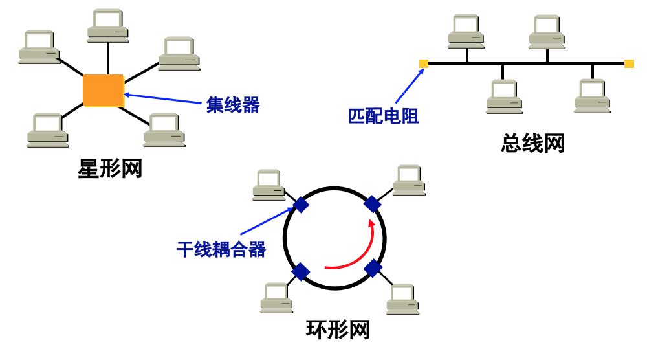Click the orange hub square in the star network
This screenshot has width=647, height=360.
tap(103, 91)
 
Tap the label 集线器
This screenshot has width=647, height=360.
tap(233, 105)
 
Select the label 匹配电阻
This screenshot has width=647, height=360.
tap(384, 117)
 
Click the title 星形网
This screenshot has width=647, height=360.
tap(110, 169)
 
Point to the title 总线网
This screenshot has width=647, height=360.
tap(533, 143)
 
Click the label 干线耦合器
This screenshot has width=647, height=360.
tap(221, 250)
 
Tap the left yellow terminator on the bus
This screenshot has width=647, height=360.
tap(424, 63)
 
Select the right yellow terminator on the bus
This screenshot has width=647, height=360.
tap(629, 63)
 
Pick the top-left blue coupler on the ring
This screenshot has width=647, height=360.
tap(301, 205)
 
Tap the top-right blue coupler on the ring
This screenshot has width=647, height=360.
tap(372, 205)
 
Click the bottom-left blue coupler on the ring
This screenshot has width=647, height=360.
tap(301, 271)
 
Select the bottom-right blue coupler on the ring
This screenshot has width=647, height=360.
tap(373, 268)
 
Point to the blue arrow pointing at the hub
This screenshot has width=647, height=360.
tap(164, 99)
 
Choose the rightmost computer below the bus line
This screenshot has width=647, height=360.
tap(592, 96)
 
